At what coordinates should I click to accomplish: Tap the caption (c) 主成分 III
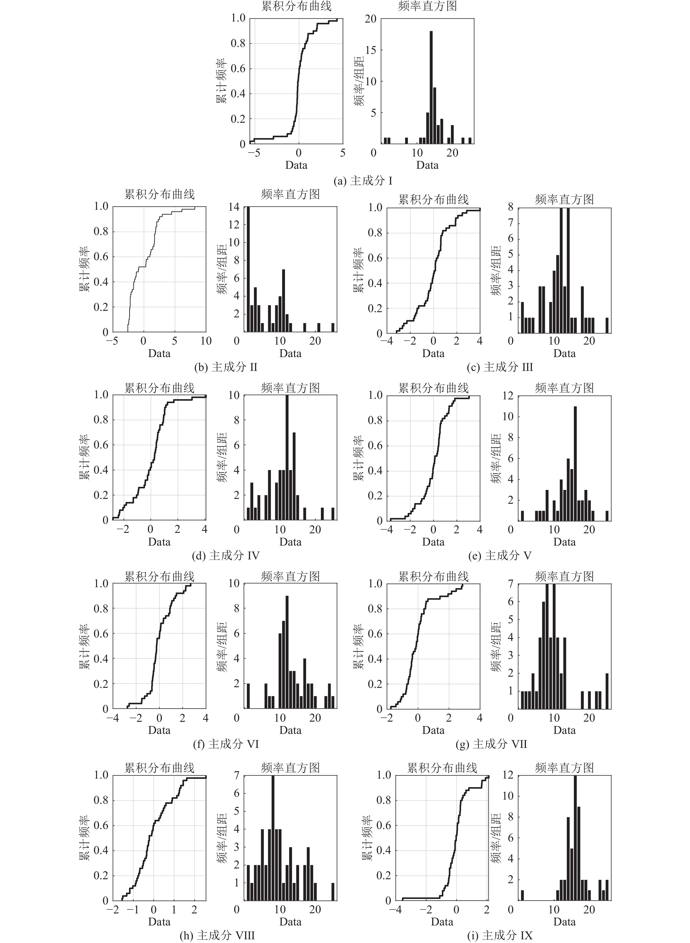coord(500,367)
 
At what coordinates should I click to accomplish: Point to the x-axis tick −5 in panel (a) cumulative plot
coord(253,153)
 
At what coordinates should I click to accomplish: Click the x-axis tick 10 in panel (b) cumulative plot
coord(206,341)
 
